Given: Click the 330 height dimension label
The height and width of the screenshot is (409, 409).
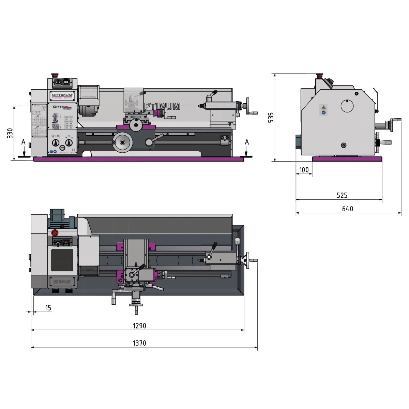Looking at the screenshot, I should click(x=10, y=133).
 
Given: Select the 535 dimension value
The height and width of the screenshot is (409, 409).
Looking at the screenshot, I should click(x=271, y=117).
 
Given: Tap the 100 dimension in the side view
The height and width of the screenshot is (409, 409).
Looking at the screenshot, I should click(x=304, y=170).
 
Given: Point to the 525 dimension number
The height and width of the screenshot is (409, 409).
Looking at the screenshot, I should click(x=342, y=195).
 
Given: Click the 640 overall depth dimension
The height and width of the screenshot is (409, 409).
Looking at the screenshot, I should click(x=347, y=209).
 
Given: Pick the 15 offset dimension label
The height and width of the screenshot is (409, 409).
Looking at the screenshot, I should click(x=48, y=308).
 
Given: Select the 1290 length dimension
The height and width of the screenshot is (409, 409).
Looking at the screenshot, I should click(x=139, y=326).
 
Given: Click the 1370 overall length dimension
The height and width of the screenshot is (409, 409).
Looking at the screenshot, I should click(x=139, y=343).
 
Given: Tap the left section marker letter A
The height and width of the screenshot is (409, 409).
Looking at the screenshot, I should click(x=23, y=142).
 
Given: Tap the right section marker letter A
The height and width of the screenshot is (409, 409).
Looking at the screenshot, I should click(x=247, y=142).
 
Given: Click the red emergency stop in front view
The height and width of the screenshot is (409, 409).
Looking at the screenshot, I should click(x=54, y=75).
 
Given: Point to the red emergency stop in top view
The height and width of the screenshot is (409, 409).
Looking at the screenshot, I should click(x=55, y=233).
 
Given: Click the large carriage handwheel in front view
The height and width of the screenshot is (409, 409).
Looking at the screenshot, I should click(x=123, y=142).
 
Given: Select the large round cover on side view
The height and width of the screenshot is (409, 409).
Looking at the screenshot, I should click(x=348, y=106).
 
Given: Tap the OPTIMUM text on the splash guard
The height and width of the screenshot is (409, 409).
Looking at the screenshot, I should click(x=162, y=107).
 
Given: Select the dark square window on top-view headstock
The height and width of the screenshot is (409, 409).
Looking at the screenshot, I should click(x=62, y=260).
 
